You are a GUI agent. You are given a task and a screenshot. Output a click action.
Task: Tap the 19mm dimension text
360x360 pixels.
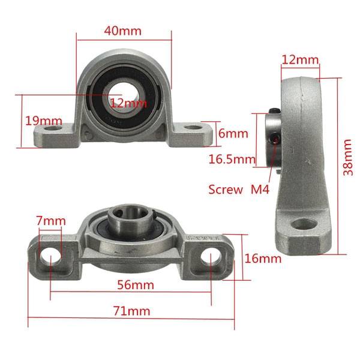43,121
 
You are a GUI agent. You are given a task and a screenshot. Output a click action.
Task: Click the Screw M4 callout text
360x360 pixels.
239,190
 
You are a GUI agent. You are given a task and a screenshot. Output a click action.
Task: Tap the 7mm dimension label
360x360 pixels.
50,221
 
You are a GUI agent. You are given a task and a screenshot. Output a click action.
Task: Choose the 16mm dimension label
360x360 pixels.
263,259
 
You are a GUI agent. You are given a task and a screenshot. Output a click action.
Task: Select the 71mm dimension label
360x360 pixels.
131,311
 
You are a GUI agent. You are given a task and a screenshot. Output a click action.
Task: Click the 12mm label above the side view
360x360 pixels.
300,59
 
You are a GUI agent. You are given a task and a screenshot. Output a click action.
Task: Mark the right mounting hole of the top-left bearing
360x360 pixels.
191,128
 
